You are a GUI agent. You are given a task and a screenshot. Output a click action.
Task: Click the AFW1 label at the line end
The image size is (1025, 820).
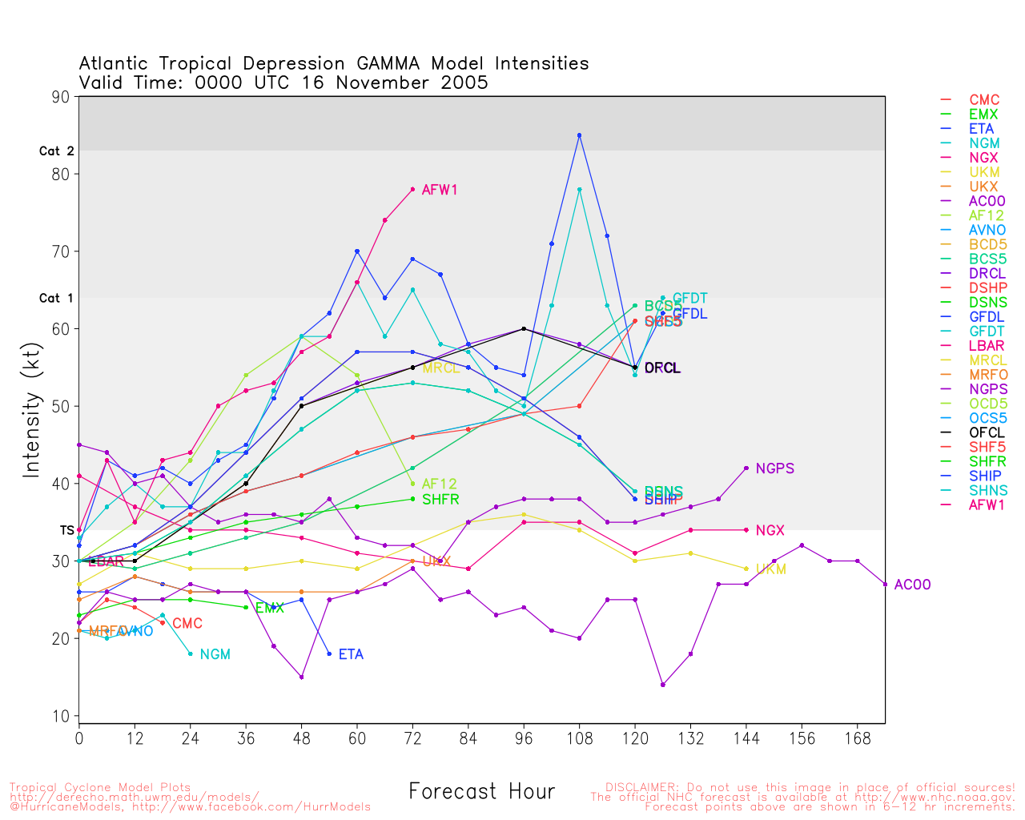[x=440, y=190]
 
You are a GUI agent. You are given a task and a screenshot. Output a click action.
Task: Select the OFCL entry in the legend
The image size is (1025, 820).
[x=987, y=432]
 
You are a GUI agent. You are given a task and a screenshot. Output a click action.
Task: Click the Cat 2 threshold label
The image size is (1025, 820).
[x=56, y=151]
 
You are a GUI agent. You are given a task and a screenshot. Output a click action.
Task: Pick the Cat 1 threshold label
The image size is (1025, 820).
[x=56, y=298]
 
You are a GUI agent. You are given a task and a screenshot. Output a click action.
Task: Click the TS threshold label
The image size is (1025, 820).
[x=67, y=530]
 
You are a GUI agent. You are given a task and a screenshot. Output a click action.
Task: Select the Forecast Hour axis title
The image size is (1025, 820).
[x=481, y=791]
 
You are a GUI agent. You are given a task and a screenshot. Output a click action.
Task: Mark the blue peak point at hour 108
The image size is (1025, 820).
[x=579, y=135]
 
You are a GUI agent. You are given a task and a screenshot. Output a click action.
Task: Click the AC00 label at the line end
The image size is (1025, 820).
[x=912, y=585]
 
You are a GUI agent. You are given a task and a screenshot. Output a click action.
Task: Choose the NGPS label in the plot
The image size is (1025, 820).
[x=774, y=468]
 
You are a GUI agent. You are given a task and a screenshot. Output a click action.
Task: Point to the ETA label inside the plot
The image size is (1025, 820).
[x=351, y=654]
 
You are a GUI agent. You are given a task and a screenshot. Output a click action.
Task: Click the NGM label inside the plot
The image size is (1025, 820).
[x=215, y=654]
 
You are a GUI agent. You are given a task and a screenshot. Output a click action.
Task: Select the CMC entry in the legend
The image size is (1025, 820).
[x=984, y=100]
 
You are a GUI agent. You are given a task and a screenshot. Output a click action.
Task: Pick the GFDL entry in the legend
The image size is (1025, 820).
[x=987, y=317]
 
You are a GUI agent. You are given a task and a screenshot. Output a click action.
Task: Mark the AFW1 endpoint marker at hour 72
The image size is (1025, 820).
[x=412, y=189]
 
